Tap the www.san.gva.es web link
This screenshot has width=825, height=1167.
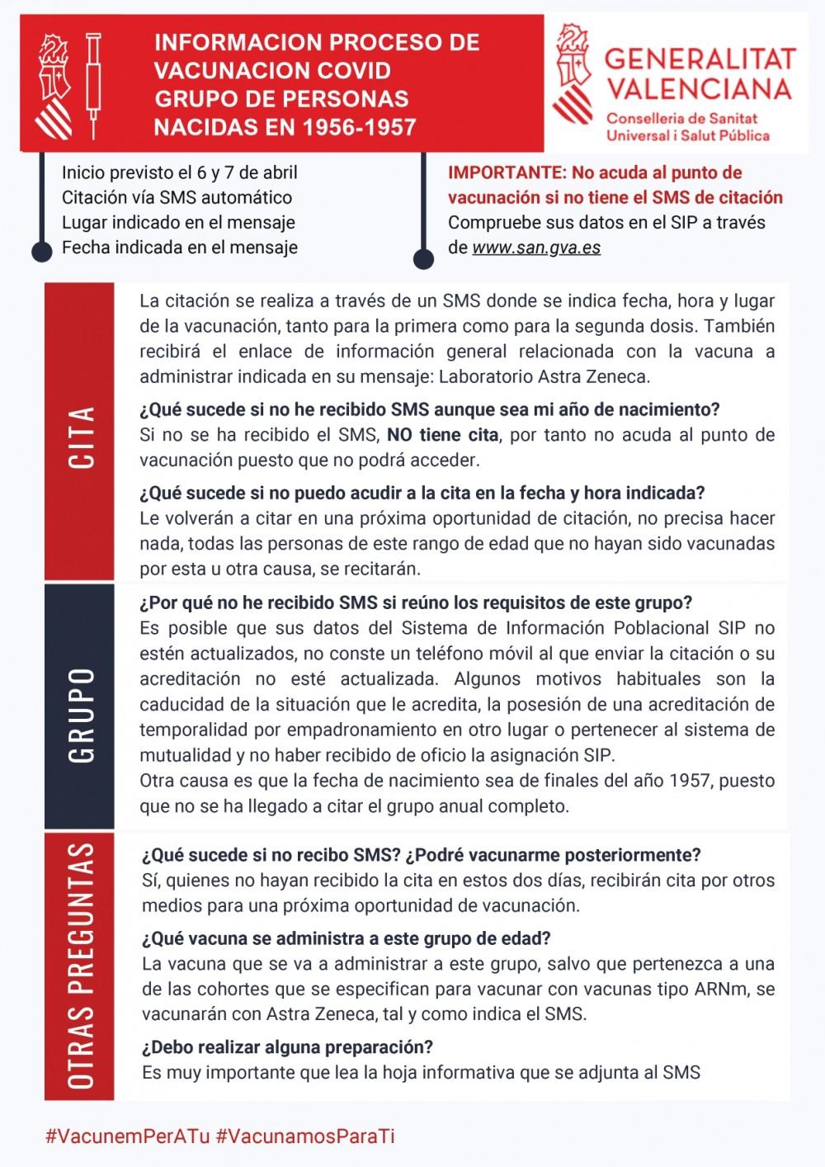coord(536,247)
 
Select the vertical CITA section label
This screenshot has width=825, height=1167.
coord(80,437)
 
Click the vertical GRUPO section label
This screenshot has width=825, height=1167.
coord(80,715)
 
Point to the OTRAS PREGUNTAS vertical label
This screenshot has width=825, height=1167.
coord(80,966)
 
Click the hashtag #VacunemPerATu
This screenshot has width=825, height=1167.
coord(127,1136)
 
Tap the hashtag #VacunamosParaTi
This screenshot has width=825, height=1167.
coord(305,1136)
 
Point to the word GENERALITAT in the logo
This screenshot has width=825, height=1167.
coord(700,59)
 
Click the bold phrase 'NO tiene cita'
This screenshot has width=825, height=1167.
coord(442,435)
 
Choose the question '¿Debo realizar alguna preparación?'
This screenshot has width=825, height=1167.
coord(287,1047)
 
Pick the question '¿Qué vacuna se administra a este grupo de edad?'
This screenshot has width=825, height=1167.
coord(346,938)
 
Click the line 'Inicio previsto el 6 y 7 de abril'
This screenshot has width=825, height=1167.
coord(180,173)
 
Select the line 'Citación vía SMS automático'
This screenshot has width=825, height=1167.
coord(177,198)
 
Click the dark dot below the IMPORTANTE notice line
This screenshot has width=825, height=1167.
coord(423,258)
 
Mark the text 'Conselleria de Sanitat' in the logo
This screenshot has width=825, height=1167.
coord(681,118)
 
